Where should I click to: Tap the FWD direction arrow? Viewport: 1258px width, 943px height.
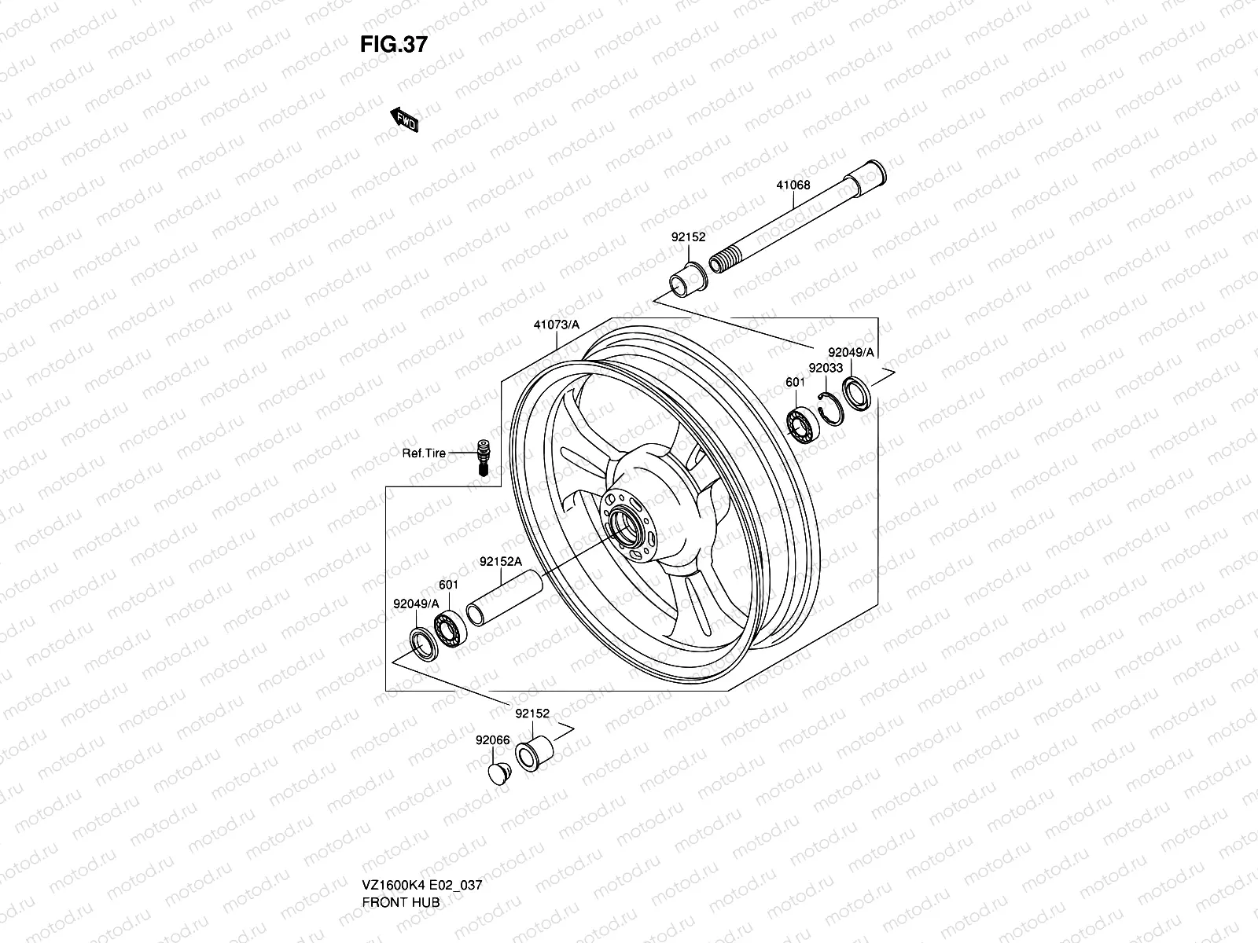(404, 119)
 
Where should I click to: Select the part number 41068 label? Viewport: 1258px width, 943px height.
(793, 186)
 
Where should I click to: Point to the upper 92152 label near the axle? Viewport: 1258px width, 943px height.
(688, 236)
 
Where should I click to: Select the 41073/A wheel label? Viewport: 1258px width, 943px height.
(556, 325)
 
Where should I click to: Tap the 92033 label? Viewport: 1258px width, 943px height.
(826, 367)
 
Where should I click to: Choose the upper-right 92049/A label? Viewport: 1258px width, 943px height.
(851, 353)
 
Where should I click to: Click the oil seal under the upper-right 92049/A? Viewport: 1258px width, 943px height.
(856, 393)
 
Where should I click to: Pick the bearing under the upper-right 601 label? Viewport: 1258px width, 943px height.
(804, 424)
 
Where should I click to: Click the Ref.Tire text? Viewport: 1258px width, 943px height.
(424, 453)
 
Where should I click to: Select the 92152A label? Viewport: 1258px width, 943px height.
(501, 562)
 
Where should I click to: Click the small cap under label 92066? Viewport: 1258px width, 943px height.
(498, 772)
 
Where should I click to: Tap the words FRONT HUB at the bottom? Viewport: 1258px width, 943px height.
(401, 858)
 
